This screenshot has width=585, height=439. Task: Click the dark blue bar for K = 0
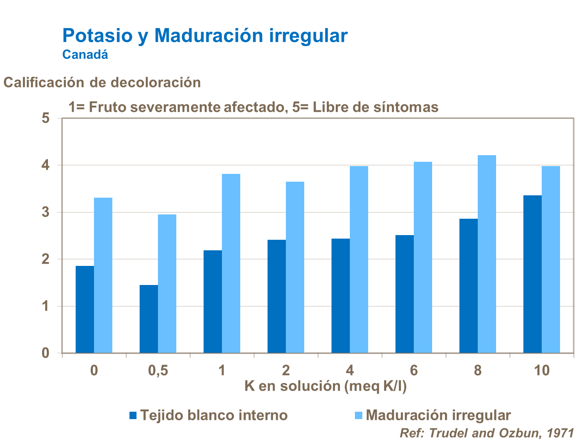pyautogui.click(x=85, y=310)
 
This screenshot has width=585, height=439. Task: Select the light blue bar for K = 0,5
pyautogui.click(x=167, y=284)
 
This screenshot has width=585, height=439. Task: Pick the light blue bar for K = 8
pyautogui.click(x=487, y=254)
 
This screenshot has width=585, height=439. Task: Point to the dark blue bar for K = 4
pyautogui.click(x=340, y=296)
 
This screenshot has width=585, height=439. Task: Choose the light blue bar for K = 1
pyautogui.click(x=231, y=264)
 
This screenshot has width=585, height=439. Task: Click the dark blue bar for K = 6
pyautogui.click(x=404, y=294)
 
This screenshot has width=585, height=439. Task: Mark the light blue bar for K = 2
pyautogui.click(x=295, y=267)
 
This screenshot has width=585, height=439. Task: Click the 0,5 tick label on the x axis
pyautogui.click(x=158, y=370)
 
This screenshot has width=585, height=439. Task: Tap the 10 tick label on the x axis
pyautogui.click(x=542, y=370)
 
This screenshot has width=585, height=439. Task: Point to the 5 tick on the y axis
pyautogui.click(x=46, y=118)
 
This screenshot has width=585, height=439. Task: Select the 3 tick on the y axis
pyautogui.click(x=46, y=212)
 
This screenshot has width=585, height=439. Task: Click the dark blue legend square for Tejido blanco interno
pyautogui.click(x=133, y=416)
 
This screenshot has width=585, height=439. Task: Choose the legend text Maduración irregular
pyautogui.click(x=438, y=415)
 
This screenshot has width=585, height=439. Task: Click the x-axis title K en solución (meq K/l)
pyautogui.click(x=325, y=386)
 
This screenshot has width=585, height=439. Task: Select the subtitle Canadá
pyautogui.click(x=85, y=55)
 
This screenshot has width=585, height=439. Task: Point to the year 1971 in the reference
pyautogui.click(x=560, y=433)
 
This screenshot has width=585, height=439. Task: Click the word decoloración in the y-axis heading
pyautogui.click(x=156, y=83)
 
